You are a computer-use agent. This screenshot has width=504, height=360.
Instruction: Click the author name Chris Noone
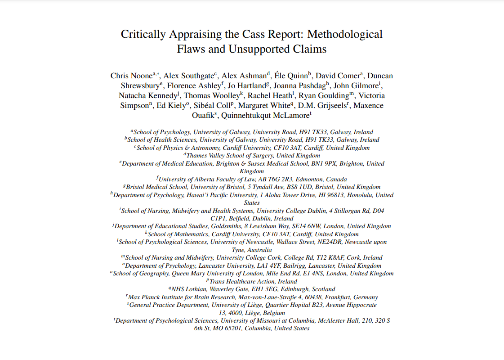pos(131,76)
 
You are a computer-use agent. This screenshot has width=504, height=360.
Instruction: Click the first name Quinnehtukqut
pos(246,115)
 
